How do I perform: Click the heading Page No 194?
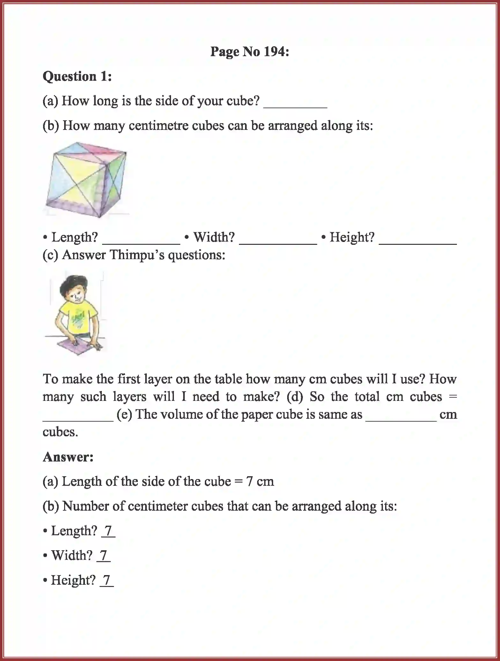(250, 52)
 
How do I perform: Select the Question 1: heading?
(77, 77)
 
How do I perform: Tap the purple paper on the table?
(80, 347)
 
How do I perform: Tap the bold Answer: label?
(68, 457)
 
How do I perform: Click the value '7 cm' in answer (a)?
(260, 481)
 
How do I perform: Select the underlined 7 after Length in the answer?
(108, 531)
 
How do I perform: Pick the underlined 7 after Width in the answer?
(104, 556)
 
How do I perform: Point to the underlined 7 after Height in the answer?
(107, 580)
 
